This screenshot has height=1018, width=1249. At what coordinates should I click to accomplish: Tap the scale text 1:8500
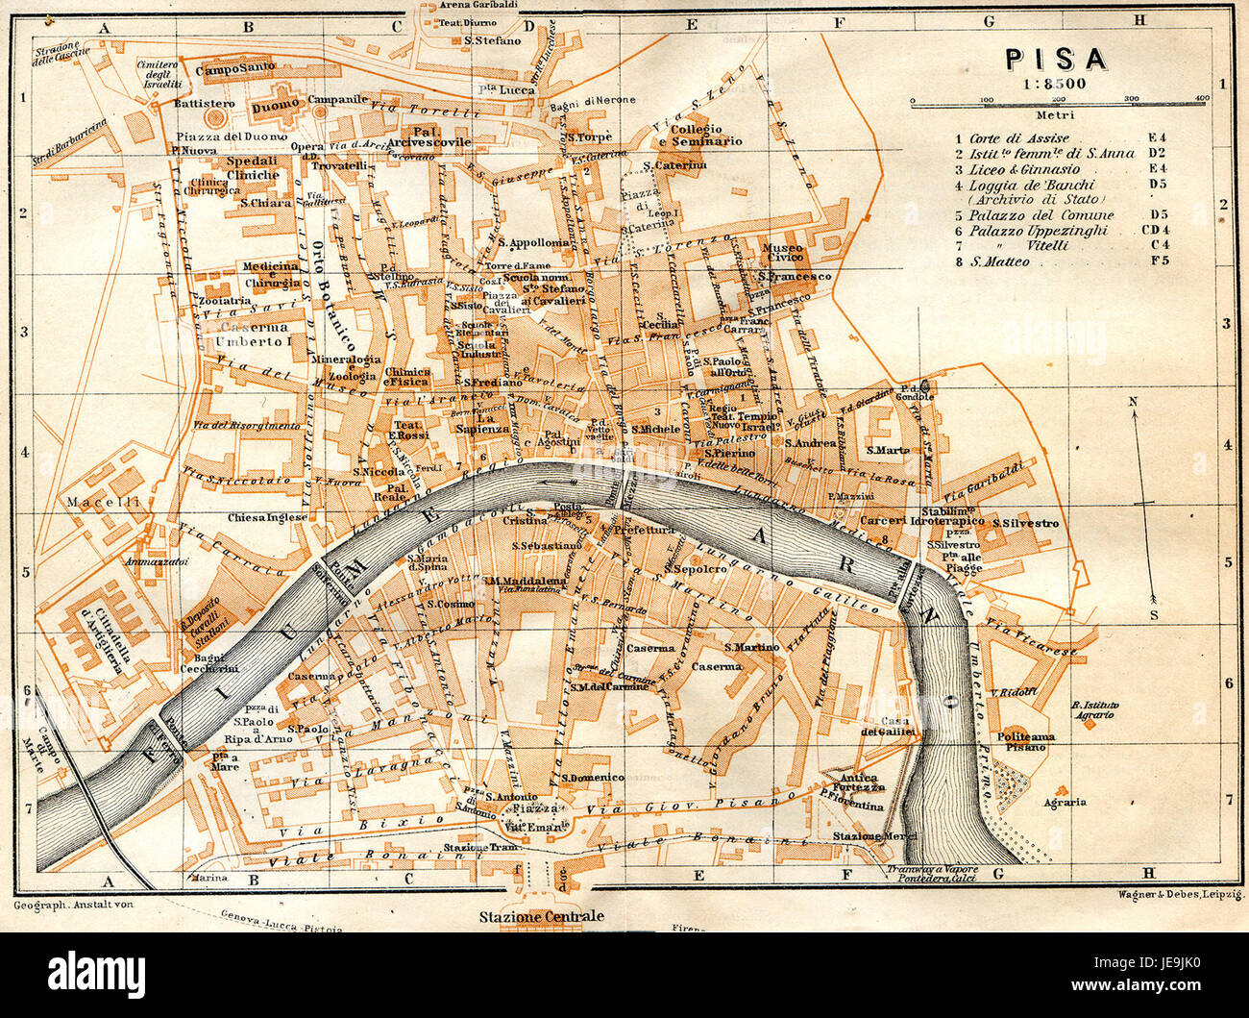(1055, 84)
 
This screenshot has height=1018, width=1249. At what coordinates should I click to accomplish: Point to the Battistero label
(203, 103)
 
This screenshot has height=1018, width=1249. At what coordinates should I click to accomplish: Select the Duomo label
(270, 109)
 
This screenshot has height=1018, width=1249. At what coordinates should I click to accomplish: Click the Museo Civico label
(782, 253)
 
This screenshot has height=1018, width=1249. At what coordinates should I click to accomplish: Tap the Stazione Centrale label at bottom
(542, 916)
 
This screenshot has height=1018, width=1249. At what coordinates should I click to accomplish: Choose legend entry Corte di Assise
(1018, 138)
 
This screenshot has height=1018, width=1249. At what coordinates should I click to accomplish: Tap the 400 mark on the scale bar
(1202, 98)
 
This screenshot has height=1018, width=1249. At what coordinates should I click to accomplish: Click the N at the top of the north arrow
(1134, 402)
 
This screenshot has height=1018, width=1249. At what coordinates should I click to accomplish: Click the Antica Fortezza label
(857, 782)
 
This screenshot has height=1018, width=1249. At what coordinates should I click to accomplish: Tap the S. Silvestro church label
(1025, 523)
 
